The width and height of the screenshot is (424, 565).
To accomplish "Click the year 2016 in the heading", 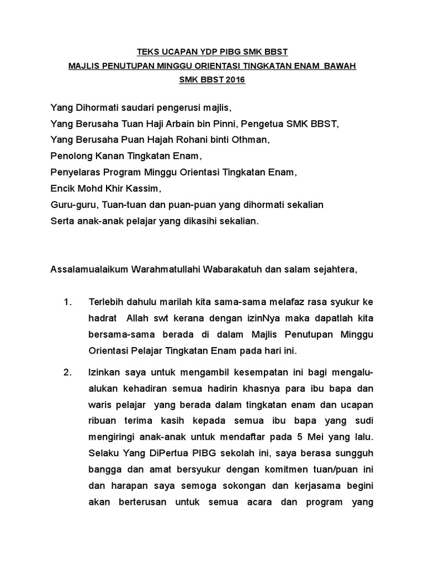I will (x=234, y=80).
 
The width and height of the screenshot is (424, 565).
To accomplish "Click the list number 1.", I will (x=68, y=302).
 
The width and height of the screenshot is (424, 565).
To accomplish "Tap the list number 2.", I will (x=68, y=372).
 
